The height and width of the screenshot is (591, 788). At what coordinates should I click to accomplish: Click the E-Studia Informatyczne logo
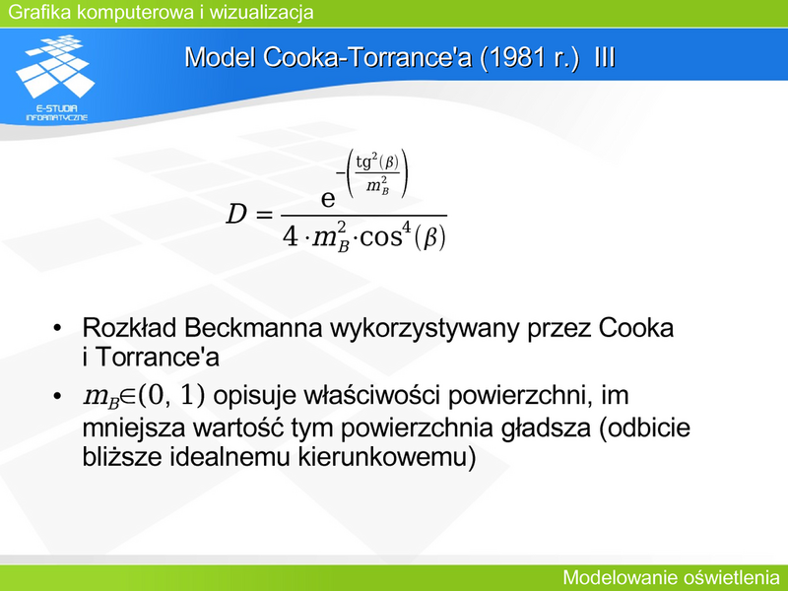[x=55, y=78]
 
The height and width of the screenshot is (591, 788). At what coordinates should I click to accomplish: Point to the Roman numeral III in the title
[x=605, y=57]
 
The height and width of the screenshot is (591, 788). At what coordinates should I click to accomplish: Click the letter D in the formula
[x=236, y=215]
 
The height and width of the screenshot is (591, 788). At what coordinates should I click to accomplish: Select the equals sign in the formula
[x=264, y=216]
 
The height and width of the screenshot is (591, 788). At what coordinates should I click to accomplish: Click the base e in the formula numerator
[x=328, y=199]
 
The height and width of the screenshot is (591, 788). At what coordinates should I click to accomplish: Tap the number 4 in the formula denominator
[x=290, y=236]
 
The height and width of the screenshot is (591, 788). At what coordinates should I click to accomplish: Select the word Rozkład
[x=129, y=328]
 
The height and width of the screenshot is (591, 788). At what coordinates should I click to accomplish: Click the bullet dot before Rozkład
[x=57, y=328]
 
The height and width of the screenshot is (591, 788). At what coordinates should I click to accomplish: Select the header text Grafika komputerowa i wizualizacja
[x=161, y=12]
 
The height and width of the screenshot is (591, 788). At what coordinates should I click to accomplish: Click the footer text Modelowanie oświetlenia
[x=671, y=578]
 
